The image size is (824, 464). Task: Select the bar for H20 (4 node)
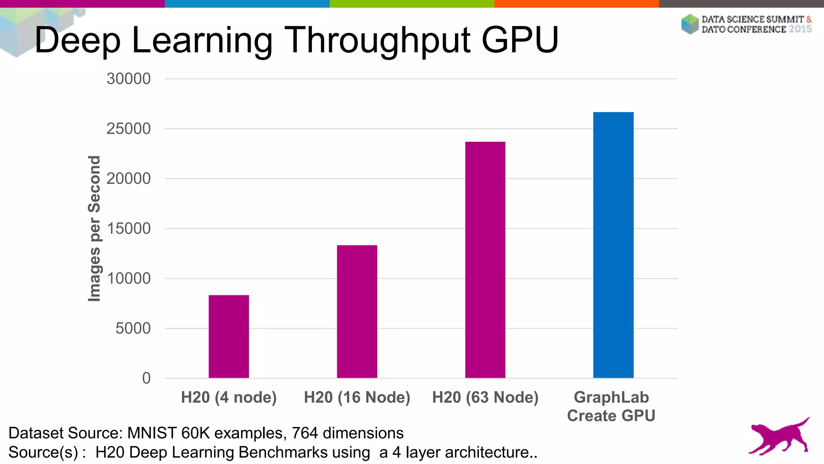pyautogui.click(x=229, y=336)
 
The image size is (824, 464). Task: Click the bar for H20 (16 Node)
pyautogui.click(x=357, y=311)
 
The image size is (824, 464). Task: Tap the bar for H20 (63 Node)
pyautogui.click(x=485, y=260)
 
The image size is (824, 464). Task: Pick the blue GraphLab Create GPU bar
pyautogui.click(x=613, y=245)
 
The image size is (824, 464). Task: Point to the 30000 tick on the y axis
pyautogui.click(x=128, y=79)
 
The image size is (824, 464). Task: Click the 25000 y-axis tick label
pyautogui.click(x=128, y=129)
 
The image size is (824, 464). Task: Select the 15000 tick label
pyautogui.click(x=128, y=229)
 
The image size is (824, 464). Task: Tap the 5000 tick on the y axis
pyautogui.click(x=133, y=329)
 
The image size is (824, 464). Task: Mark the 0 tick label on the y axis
pyautogui.click(x=146, y=378)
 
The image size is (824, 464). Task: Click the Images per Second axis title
pyautogui.click(x=95, y=228)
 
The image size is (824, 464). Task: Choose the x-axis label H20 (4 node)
pyautogui.click(x=229, y=398)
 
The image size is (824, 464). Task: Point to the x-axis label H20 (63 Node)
pyautogui.click(x=485, y=398)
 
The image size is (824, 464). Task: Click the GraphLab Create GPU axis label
pyautogui.click(x=611, y=406)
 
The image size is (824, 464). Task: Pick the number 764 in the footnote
pyautogui.click(x=305, y=433)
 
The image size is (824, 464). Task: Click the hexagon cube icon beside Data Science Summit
pyautogui.click(x=690, y=24)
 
